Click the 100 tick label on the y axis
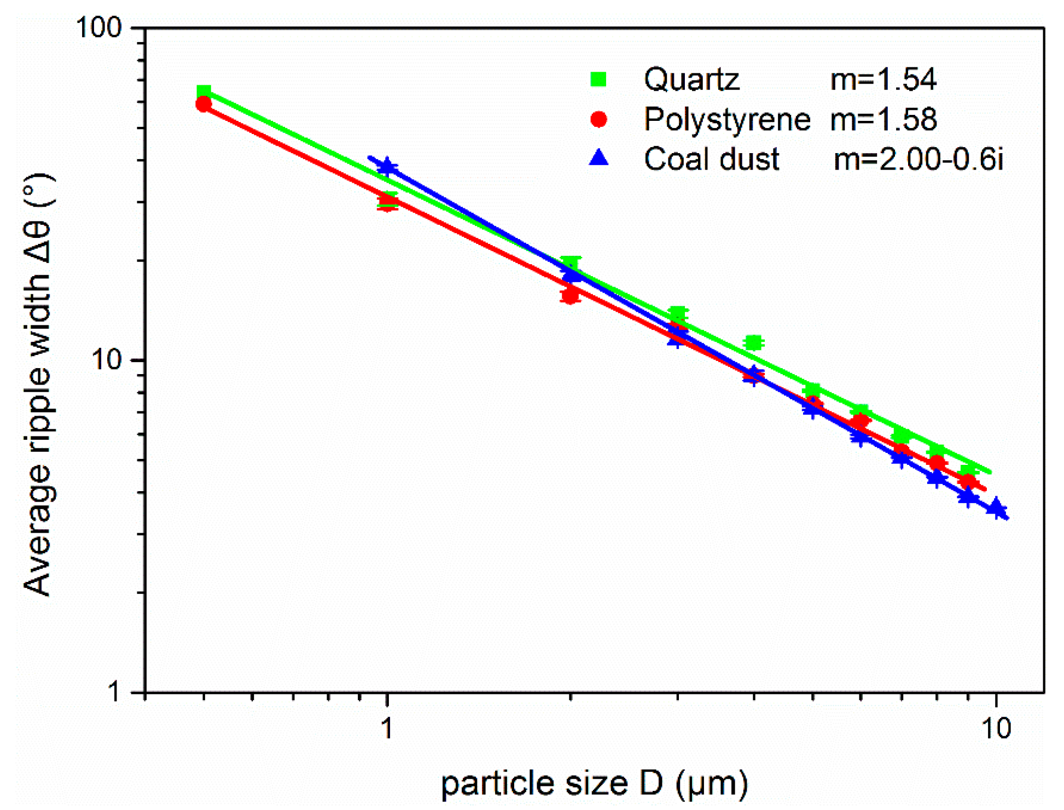click(x=98, y=27)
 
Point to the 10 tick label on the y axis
click(x=107, y=360)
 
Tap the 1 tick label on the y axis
click(x=114, y=692)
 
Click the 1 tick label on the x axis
click(x=387, y=728)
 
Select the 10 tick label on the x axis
click(x=996, y=728)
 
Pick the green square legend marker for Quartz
click(x=599, y=79)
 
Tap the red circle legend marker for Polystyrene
click(x=599, y=119)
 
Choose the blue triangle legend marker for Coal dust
click(x=599, y=159)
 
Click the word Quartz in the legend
click(x=691, y=79)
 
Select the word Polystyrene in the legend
click(x=726, y=119)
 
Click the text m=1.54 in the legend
click(x=883, y=79)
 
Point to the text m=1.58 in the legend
click(x=883, y=119)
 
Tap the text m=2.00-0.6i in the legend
click(x=918, y=159)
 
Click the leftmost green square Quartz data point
click(x=204, y=92)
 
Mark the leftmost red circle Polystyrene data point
click(x=204, y=104)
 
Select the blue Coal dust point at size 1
click(x=387, y=166)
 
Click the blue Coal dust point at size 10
click(x=996, y=509)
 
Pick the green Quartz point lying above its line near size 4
click(x=754, y=343)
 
